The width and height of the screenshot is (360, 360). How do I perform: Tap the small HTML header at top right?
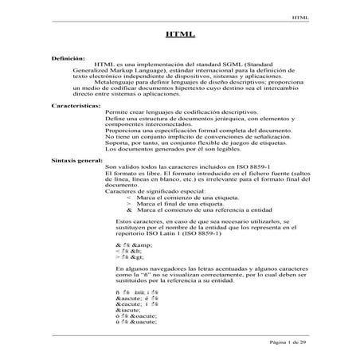tap(299, 14)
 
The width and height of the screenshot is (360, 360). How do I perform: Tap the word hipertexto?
tap(212, 88)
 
